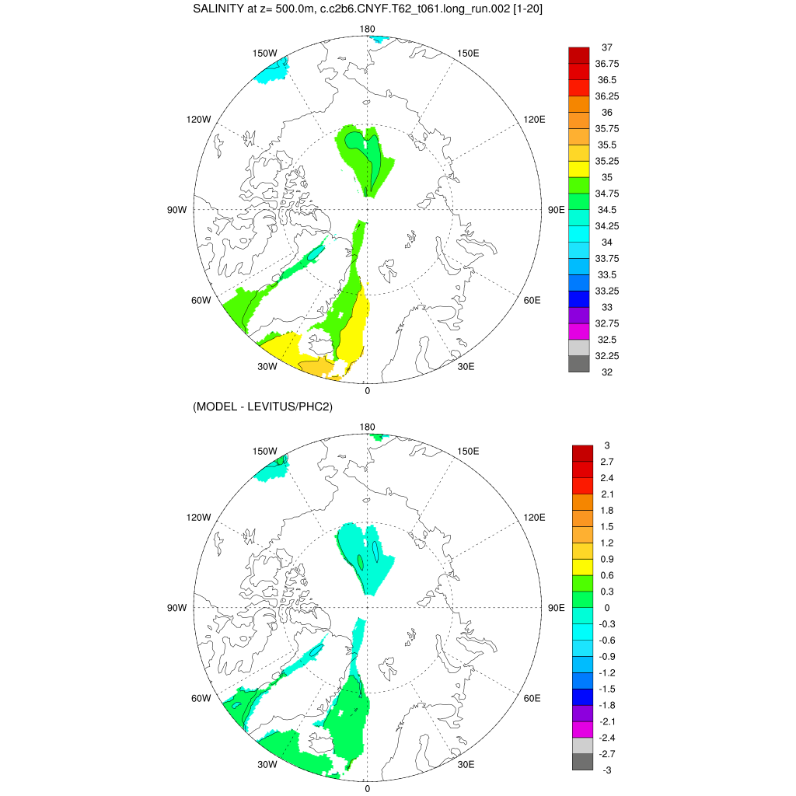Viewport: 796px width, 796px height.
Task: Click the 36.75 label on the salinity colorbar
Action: (608, 64)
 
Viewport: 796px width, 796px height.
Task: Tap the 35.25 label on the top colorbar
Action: (608, 162)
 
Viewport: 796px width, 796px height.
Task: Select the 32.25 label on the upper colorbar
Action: (608, 356)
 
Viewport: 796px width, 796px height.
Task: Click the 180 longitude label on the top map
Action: (367, 30)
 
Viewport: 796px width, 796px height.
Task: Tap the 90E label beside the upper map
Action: (557, 210)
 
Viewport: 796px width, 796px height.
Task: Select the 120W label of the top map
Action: (198, 120)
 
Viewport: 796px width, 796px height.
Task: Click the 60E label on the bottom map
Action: (532, 698)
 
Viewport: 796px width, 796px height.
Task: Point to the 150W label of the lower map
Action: (265, 452)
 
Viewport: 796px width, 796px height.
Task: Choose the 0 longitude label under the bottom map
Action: (367, 788)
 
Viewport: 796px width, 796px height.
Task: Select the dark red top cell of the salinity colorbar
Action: (579, 55)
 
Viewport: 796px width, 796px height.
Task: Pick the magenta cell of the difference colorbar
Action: (582, 729)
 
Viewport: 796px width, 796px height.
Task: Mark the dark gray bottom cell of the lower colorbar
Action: (582, 762)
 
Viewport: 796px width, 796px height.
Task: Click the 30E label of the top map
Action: (466, 367)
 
